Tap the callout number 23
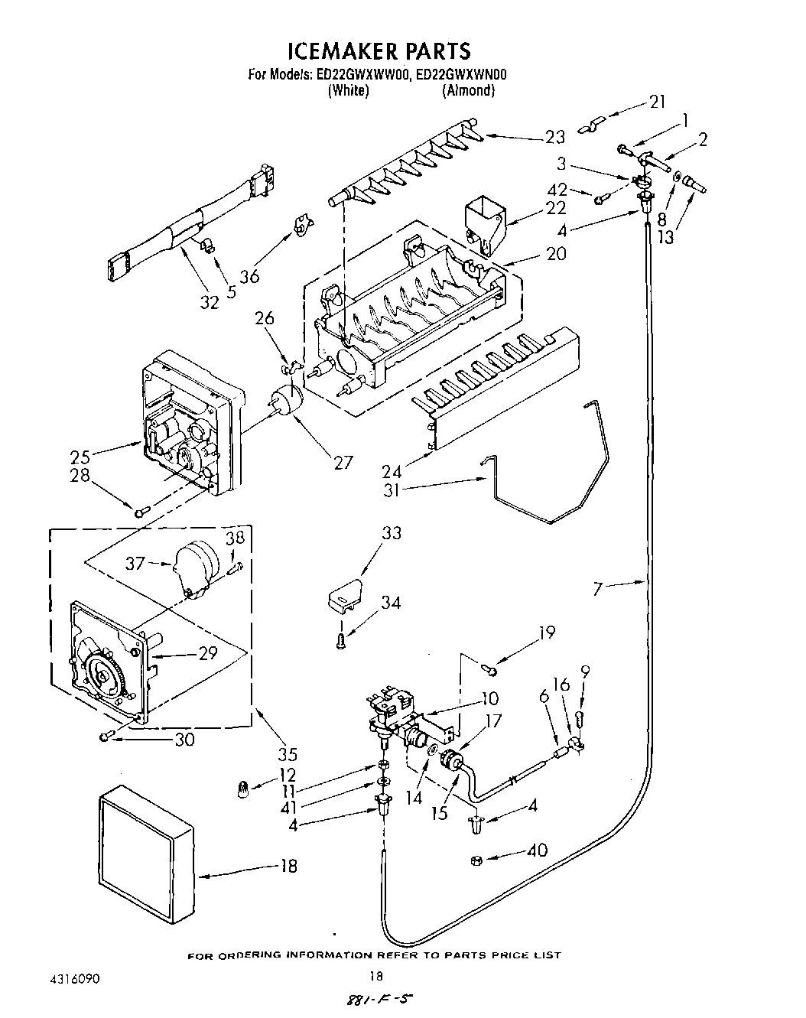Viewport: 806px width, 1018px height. click(x=554, y=137)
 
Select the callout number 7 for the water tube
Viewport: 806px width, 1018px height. click(x=598, y=587)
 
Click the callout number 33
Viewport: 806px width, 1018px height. click(x=391, y=533)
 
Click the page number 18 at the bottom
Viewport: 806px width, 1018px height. click(x=375, y=975)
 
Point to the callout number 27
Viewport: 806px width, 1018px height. click(x=343, y=462)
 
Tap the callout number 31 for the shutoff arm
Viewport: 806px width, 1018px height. click(x=392, y=489)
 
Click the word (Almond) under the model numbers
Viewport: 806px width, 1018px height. click(x=468, y=90)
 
